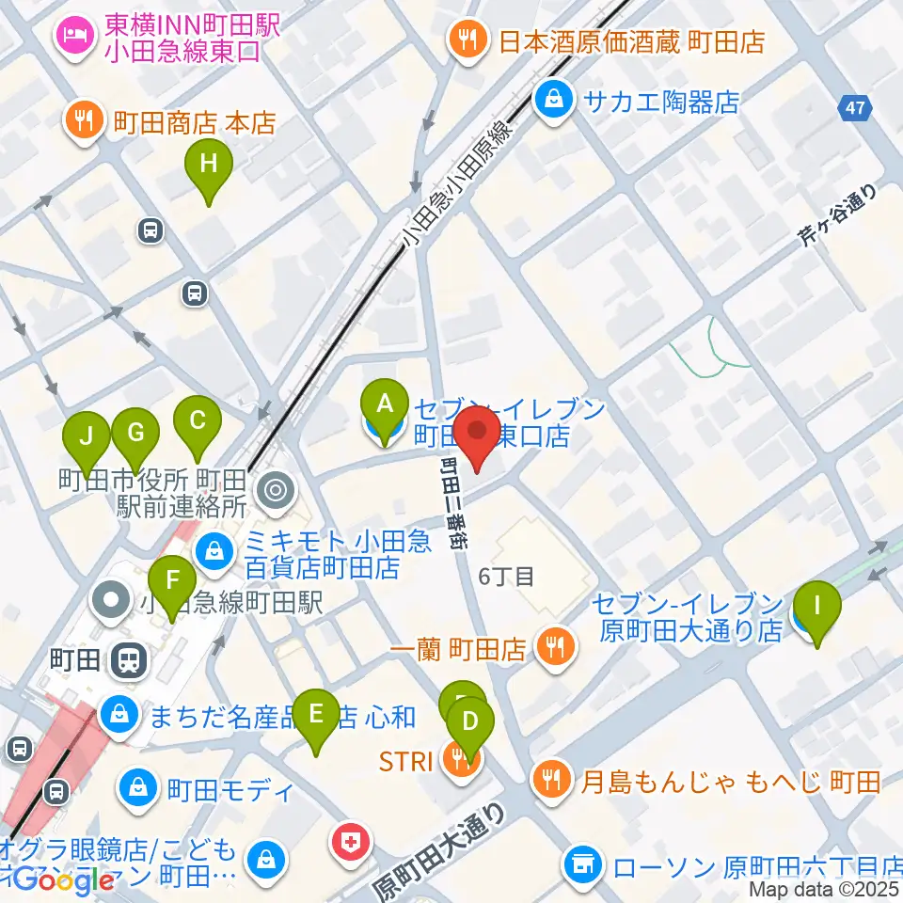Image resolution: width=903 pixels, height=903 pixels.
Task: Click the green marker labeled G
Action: coord(135,433)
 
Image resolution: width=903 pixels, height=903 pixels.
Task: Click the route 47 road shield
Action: coord(853,108)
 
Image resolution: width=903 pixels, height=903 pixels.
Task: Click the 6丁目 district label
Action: coord(507,575)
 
